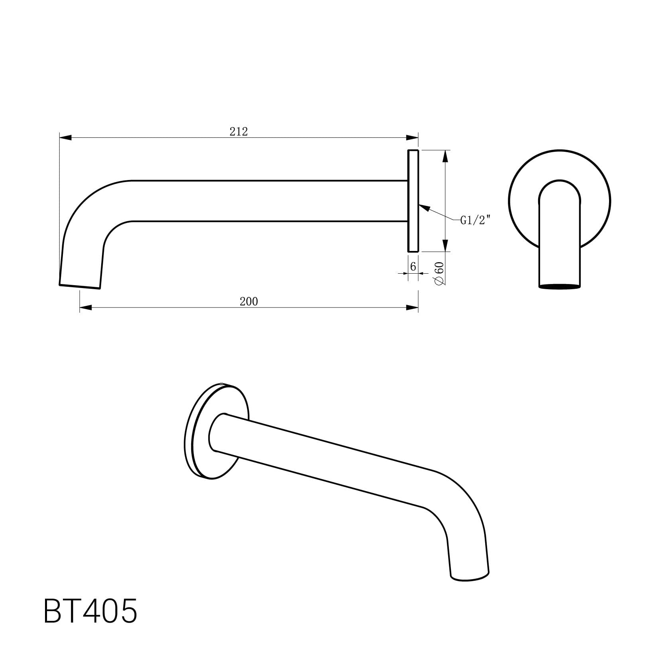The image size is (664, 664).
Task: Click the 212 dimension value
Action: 238,131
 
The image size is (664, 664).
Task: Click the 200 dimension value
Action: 249,302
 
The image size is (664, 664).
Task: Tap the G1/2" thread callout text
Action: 475,220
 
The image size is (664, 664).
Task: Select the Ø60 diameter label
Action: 439,273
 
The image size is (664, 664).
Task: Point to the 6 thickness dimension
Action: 413,266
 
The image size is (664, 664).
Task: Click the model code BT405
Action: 90,611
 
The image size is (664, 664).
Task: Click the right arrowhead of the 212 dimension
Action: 412,138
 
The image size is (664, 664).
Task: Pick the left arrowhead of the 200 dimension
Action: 86,307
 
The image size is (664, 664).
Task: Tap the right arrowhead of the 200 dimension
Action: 412,307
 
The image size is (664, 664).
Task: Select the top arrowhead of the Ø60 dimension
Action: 446,156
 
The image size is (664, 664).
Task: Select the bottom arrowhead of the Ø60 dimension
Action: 446,245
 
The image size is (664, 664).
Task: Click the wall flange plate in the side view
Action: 413,201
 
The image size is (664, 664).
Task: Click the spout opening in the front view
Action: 559,286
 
